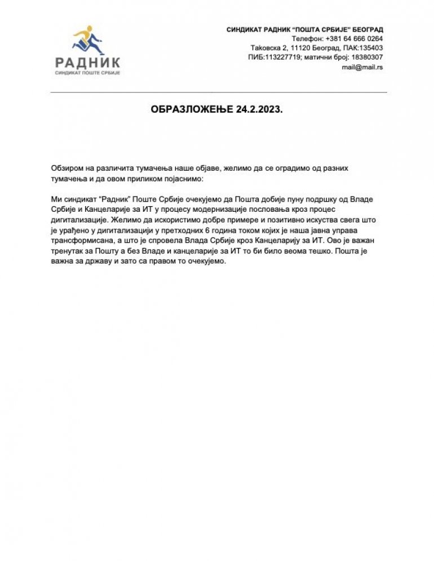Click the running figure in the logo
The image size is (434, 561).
click(88, 39)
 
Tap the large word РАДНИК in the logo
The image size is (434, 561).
click(88, 62)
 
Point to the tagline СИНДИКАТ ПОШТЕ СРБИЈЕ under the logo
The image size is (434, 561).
click(88, 73)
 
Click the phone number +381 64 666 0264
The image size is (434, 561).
click(352, 39)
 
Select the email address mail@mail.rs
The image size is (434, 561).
click(362, 66)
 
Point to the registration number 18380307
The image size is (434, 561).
click(364, 57)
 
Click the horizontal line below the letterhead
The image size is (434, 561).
click(219, 92)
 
